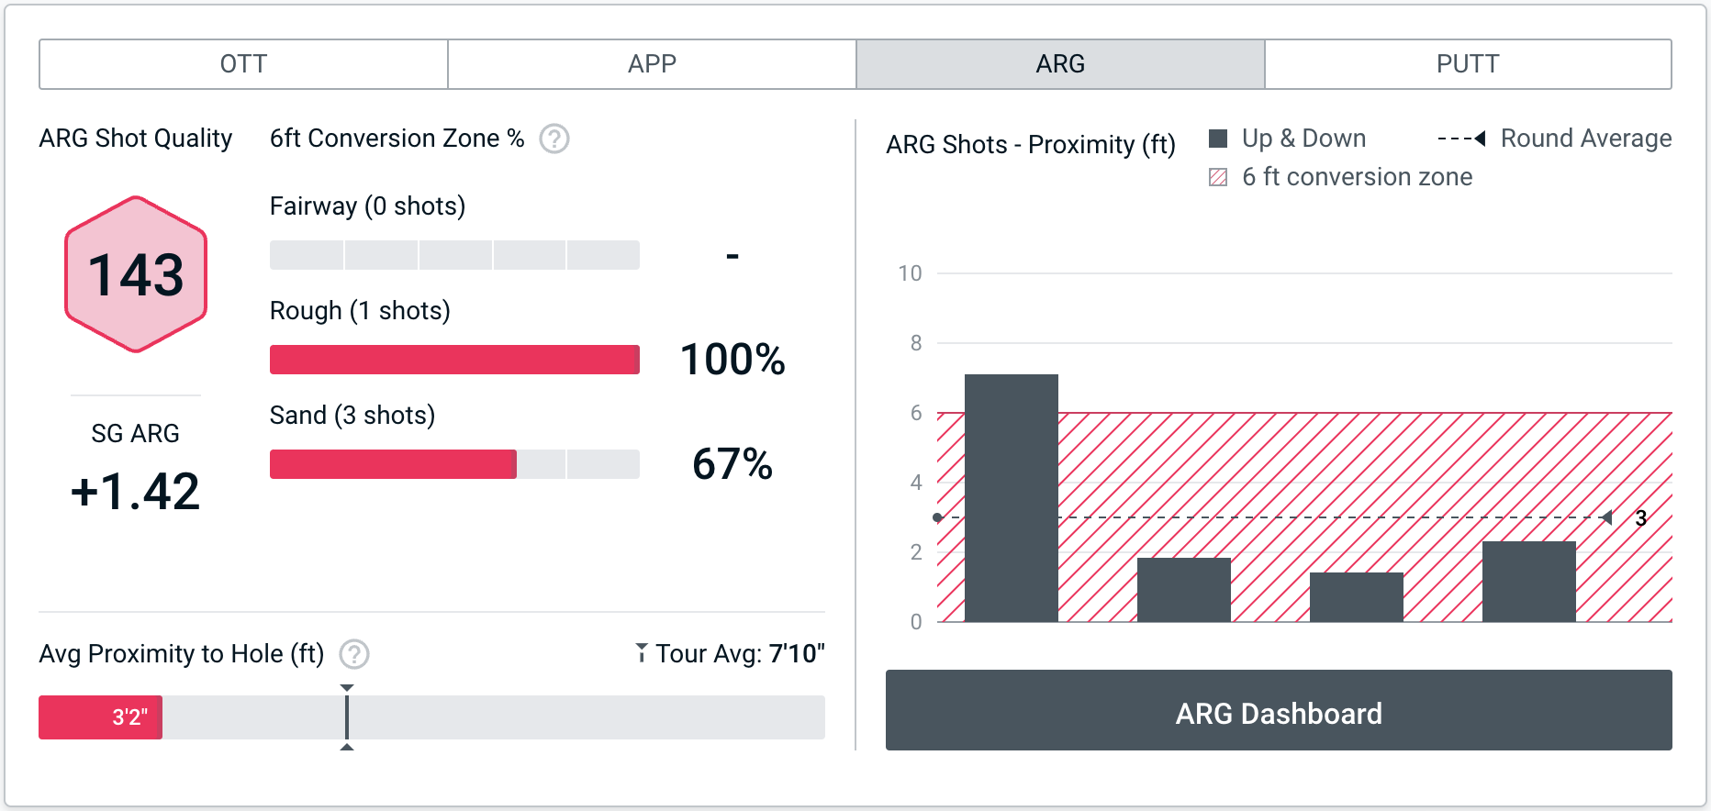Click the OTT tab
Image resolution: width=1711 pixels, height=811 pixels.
point(243,64)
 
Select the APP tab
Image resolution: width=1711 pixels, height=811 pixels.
point(652,64)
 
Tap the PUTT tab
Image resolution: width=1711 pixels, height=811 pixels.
point(1467,64)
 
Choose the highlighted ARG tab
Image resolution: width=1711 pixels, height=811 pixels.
point(1060,64)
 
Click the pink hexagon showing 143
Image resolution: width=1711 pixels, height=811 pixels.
point(136,274)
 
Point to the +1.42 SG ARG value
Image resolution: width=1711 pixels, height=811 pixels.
point(135,491)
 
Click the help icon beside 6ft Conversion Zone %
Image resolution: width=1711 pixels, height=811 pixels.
point(554,139)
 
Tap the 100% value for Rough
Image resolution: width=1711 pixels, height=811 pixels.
point(732,360)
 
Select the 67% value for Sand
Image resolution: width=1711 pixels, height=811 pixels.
point(732,464)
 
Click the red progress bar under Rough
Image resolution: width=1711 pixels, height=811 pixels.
point(454,360)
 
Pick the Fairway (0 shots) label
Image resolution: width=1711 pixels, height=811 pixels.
point(367,206)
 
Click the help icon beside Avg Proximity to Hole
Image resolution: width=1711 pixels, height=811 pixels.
point(354,654)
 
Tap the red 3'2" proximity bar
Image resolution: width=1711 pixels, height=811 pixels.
point(100,717)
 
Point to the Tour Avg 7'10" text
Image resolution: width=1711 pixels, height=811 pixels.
point(732,654)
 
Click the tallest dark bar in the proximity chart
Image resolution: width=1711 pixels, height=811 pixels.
point(1012,497)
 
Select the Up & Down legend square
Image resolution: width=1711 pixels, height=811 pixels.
point(1218,139)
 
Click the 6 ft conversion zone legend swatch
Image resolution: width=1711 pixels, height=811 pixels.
point(1218,177)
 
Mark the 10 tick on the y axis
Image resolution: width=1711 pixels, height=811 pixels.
point(910,273)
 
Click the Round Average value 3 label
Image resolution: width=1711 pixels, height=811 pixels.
point(1641,518)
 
